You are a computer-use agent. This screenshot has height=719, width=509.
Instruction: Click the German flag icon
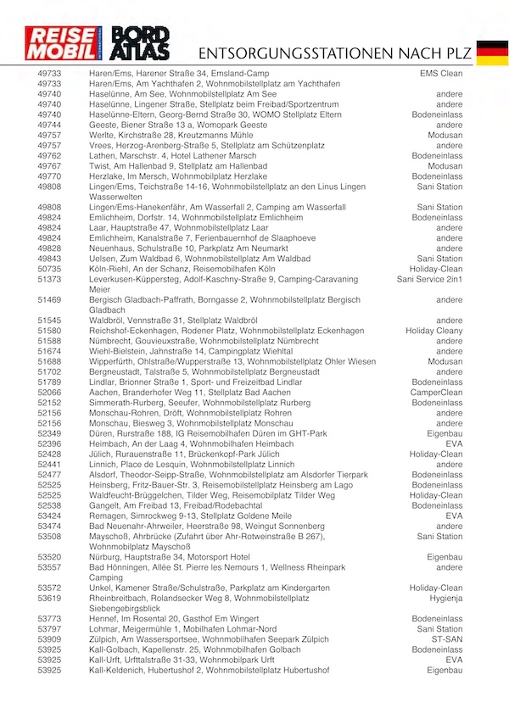[492, 52]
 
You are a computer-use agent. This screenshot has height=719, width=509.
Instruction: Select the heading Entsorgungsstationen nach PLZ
[332, 53]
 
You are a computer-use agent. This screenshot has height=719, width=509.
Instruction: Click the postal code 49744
[49, 125]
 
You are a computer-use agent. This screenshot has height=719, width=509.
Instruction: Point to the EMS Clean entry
[441, 74]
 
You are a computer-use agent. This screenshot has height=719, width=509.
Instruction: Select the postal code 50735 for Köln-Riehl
[49, 268]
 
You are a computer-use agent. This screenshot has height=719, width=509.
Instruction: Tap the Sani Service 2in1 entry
[429, 279]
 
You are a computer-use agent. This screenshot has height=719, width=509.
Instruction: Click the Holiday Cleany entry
[433, 331]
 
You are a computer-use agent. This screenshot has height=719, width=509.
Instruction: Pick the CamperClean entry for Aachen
[436, 393]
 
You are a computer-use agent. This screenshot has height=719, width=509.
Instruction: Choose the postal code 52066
[49, 393]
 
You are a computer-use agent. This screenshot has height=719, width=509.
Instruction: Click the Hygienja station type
[443, 597]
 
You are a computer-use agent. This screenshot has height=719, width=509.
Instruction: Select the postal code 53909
[49, 639]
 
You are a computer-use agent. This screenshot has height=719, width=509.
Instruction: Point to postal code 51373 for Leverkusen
[49, 279]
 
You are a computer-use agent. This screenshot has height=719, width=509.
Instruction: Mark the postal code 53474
[49, 526]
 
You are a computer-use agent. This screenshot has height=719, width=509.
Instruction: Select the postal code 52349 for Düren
[49, 433]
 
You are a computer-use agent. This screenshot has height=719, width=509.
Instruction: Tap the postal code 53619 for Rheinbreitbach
[49, 597]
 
